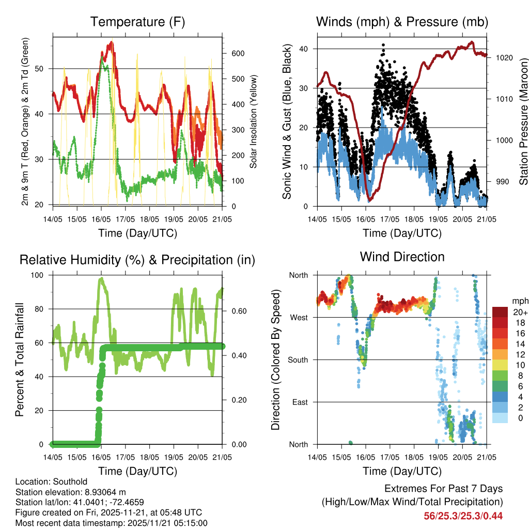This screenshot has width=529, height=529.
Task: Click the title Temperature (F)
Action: (137, 22)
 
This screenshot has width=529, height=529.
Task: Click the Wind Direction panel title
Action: (402, 256)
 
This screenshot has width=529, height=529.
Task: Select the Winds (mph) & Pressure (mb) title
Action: (402, 22)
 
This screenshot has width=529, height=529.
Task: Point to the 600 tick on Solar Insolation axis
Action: (238, 54)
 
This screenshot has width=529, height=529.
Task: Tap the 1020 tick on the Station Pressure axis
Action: (503, 58)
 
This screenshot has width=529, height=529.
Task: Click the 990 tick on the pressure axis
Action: (502, 182)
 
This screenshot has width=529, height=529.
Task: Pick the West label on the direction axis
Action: (298, 317)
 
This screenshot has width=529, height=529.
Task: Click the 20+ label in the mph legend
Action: (520, 312)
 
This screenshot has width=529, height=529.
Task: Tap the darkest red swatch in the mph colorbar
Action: (500, 312)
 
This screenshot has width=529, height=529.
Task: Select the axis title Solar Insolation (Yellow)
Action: (253, 121)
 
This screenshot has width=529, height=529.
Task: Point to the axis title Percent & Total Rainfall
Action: (20, 359)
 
